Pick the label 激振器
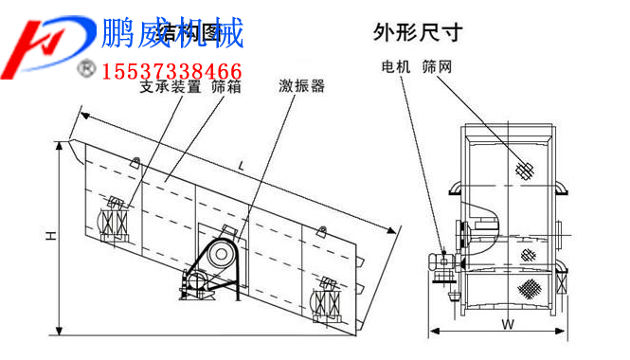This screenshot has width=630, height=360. (301, 86)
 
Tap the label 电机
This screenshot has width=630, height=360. (395, 67)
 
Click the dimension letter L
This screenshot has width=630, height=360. (243, 167)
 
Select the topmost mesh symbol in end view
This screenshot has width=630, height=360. (522, 169)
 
